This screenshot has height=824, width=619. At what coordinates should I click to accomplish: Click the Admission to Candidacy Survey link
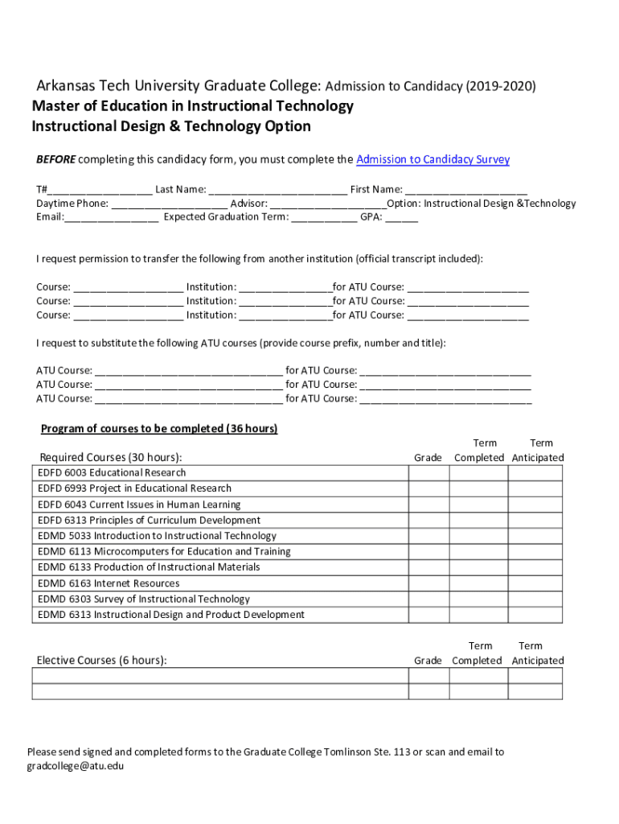[432, 159]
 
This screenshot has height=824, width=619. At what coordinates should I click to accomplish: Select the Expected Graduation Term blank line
[324, 216]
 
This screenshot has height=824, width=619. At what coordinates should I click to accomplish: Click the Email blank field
[111, 216]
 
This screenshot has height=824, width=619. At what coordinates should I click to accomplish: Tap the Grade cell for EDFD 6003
[428, 473]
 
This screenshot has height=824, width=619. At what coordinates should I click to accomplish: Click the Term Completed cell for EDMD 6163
[478, 583]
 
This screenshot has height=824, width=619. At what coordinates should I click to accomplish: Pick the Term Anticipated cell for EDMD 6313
[535, 615]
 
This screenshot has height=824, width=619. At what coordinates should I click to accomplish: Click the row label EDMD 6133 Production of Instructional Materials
[149, 567]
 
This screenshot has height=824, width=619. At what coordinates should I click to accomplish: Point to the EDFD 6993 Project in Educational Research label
[134, 488]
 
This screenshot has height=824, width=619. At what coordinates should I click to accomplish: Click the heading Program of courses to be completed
[159, 429]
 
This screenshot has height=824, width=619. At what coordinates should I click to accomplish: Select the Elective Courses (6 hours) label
[102, 661]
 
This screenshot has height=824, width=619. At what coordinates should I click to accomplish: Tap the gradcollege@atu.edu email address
[76, 766]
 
